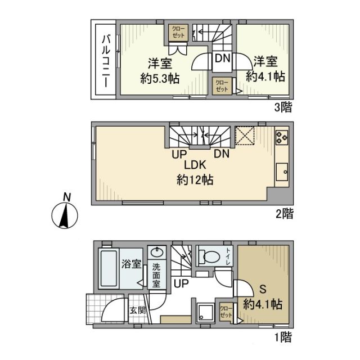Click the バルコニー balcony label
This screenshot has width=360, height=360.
pyautogui.click(x=105, y=62)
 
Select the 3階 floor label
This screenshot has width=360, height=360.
pyautogui.click(x=283, y=108)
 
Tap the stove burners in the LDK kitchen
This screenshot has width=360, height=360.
pyautogui.click(x=281, y=137)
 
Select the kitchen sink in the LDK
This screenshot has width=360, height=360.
pyautogui.click(x=281, y=170)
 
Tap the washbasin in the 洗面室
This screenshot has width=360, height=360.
pyautogui.click(x=156, y=252)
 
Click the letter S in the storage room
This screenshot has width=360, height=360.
pyautogui.click(x=262, y=291)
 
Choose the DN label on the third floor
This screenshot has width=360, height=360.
pyautogui.click(x=220, y=58)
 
